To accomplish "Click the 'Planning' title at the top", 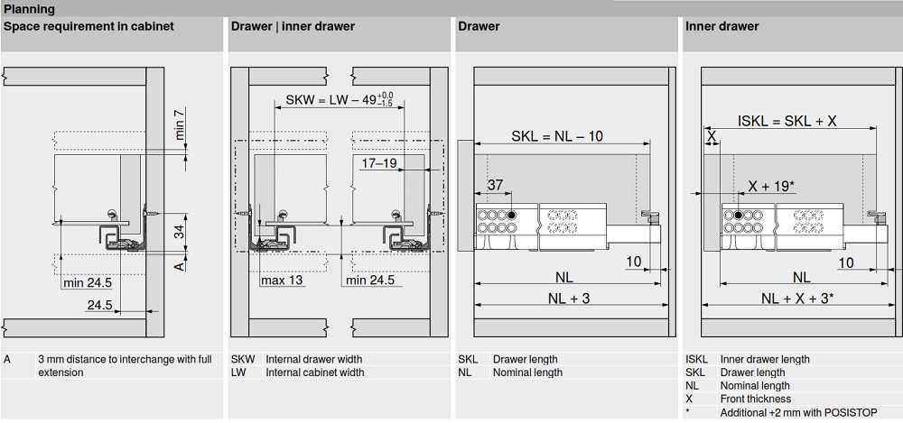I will point(30,9).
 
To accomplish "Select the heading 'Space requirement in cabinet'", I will point(88,26).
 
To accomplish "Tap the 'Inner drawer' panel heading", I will point(721,26).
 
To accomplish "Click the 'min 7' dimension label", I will point(179,124).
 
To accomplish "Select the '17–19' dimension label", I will point(379,163).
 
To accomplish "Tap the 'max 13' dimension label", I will point(282,280).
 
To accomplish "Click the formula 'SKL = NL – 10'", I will point(557,136).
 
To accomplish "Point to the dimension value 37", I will point(495,185).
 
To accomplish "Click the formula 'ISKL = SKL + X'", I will point(787,121).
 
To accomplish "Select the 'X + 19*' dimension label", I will point(771,187).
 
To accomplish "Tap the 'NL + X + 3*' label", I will point(796,299).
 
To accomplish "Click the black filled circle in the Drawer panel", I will point(512,216).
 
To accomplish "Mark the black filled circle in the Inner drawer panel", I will point(738,216).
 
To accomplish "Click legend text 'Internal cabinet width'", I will point(314,372).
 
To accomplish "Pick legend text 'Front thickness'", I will point(755,399).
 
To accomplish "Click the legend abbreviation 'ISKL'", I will point(696,359).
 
